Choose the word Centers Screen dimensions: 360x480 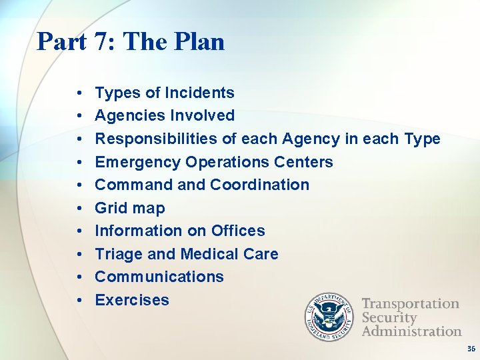click(303, 162)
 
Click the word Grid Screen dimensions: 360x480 click(110, 208)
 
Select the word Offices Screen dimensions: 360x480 click(238, 231)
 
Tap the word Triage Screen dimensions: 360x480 click(117, 254)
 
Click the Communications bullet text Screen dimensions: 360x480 click(159, 277)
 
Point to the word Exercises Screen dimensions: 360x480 click(132, 300)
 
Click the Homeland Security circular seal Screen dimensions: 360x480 click(330, 316)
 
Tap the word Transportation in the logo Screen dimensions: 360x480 click(410, 304)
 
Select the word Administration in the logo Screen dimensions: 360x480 click(411, 331)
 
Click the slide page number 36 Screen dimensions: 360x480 click(471, 349)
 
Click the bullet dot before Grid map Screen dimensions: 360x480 click(79, 209)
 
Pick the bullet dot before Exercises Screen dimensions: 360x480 click(79, 301)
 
